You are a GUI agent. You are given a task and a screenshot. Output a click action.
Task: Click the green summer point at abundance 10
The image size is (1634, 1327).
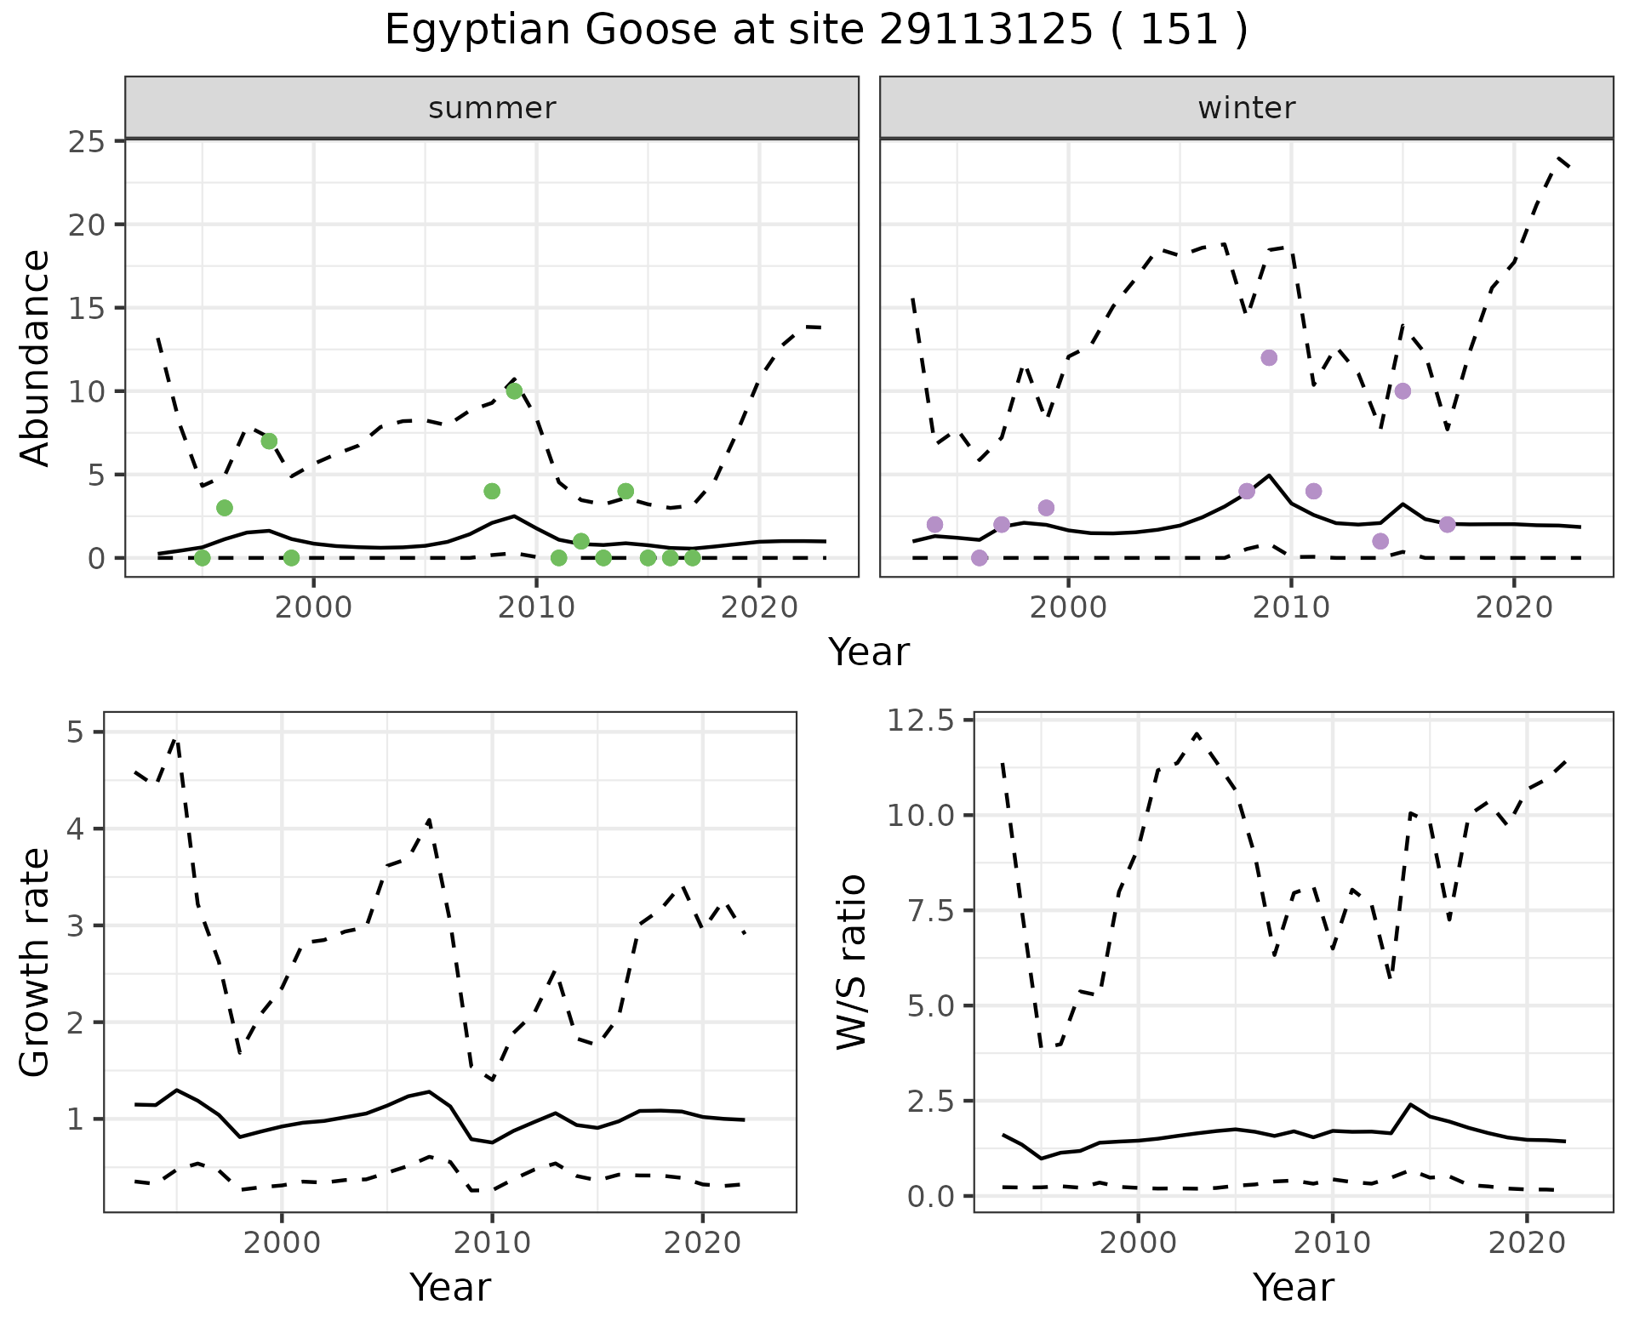514,391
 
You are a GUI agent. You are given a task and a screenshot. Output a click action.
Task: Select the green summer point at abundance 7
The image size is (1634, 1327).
269,441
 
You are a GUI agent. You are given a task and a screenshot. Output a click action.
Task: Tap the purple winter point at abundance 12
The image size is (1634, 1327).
1269,357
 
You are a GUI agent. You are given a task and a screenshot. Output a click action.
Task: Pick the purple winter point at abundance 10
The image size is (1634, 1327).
1403,391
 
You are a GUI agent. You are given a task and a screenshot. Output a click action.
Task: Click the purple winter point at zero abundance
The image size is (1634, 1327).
980,558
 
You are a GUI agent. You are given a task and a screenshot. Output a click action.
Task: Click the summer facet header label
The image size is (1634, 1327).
492,108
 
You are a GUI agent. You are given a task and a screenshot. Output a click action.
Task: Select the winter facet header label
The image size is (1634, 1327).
1246,108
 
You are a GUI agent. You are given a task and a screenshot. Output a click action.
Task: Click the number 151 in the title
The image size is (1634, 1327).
1180,31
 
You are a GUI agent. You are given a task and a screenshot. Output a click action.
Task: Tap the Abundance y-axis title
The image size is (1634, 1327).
36,357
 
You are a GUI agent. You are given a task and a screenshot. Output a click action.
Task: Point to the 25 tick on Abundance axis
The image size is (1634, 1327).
87,141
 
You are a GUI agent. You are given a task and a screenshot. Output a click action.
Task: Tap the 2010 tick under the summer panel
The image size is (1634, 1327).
536,607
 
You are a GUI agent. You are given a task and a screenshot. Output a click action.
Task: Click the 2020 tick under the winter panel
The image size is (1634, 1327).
1513,607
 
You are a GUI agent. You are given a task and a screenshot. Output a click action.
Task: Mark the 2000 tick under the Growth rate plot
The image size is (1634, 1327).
282,1243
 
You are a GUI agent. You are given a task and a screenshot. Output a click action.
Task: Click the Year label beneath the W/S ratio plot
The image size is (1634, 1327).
1293,1287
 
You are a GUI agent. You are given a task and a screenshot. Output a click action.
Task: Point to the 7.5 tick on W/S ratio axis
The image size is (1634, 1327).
928,911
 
